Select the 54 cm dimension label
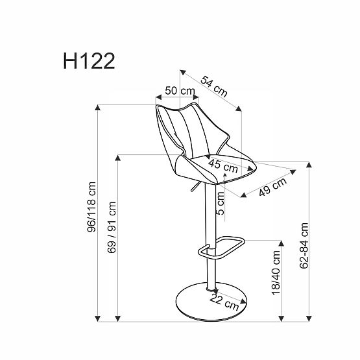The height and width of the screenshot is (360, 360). (x=214, y=87)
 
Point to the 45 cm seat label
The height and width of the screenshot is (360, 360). (x=221, y=163)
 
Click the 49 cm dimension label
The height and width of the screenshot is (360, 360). (x=271, y=186)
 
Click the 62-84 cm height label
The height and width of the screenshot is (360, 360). (x=304, y=249)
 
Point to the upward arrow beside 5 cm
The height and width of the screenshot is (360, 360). (x=225, y=176)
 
